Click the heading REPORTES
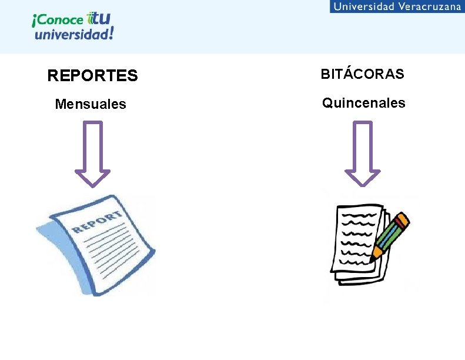[92, 76]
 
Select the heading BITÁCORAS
[362, 74]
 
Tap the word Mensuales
[90, 104]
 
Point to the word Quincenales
[363, 103]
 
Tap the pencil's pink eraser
[403, 221]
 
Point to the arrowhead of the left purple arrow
[92, 177]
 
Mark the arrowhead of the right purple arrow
[362, 177]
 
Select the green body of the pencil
[388, 238]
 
